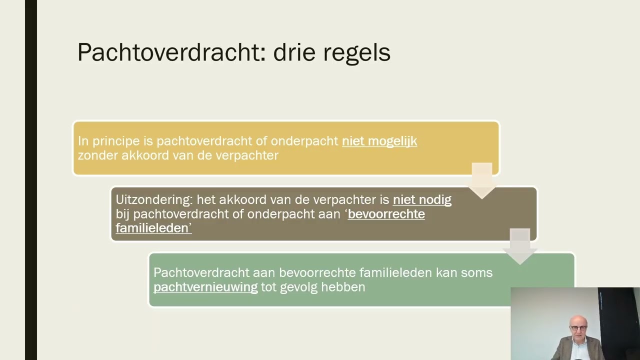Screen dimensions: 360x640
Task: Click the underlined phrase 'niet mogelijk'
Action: [x=379, y=141]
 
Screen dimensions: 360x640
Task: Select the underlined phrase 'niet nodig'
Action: [x=422, y=200]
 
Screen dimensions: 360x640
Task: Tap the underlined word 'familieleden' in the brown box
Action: [x=153, y=228]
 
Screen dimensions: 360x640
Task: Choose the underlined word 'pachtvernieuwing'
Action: [x=205, y=287]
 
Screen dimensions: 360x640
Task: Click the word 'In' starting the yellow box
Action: [x=83, y=141]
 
